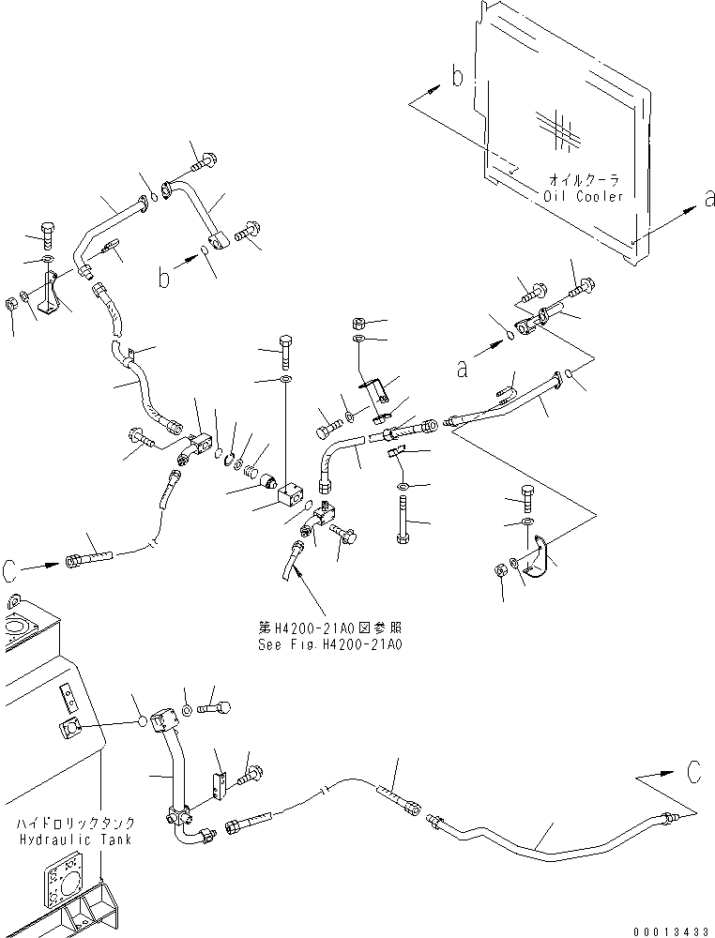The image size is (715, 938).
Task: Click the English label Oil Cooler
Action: pyautogui.click(x=583, y=196)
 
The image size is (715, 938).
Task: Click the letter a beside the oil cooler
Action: pyautogui.click(x=709, y=198)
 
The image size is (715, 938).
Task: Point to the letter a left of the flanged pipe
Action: pyautogui.click(x=462, y=369)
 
